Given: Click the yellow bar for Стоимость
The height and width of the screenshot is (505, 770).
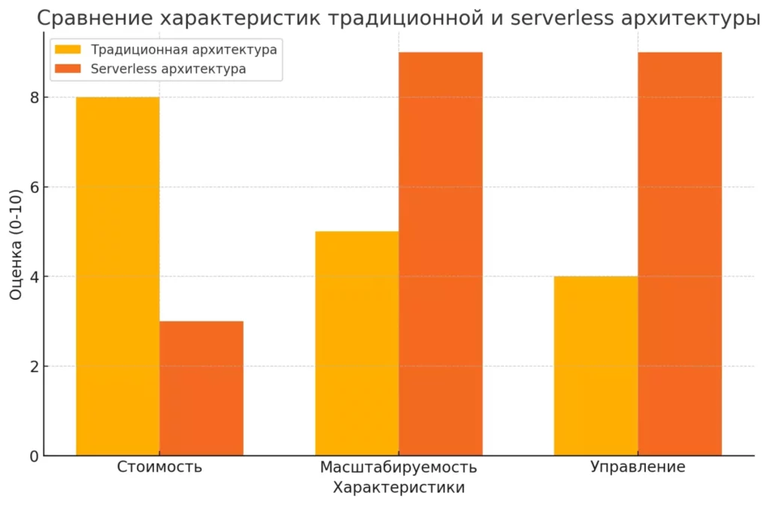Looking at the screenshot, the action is [118, 277].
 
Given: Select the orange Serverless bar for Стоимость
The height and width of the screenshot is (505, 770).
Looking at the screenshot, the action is [202, 389].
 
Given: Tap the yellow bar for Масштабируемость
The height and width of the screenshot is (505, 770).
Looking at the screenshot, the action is [357, 343].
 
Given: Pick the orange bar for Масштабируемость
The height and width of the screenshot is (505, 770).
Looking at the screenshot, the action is [441, 254].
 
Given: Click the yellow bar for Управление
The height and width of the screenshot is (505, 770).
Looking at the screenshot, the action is [596, 366].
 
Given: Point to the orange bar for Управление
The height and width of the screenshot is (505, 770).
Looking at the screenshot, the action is [680, 254].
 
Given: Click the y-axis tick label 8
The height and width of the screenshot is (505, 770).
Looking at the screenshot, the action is [34, 98].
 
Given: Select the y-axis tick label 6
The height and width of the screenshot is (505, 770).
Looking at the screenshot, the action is [34, 187].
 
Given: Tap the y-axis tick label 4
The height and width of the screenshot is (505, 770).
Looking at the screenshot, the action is [34, 277].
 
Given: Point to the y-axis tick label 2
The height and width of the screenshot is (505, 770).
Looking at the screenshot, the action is [34, 367].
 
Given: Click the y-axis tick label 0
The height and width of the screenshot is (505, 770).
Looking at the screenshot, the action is [34, 456].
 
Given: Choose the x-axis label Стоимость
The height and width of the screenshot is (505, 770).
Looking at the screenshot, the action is [159, 466].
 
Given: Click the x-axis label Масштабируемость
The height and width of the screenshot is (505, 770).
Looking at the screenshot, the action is [399, 467].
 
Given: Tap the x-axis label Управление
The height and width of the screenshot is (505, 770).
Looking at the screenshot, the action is [638, 467].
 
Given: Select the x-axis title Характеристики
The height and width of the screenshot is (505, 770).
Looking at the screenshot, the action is [399, 488].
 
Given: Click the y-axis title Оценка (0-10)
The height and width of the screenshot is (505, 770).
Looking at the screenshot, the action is [16, 244].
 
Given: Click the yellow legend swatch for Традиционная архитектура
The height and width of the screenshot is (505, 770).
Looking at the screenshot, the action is [68, 50].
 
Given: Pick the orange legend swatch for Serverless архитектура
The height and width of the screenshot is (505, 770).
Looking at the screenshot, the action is [68, 68].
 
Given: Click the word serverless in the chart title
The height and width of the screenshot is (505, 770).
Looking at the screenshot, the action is [562, 19].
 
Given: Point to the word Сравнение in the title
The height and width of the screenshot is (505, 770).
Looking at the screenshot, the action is [95, 19].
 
